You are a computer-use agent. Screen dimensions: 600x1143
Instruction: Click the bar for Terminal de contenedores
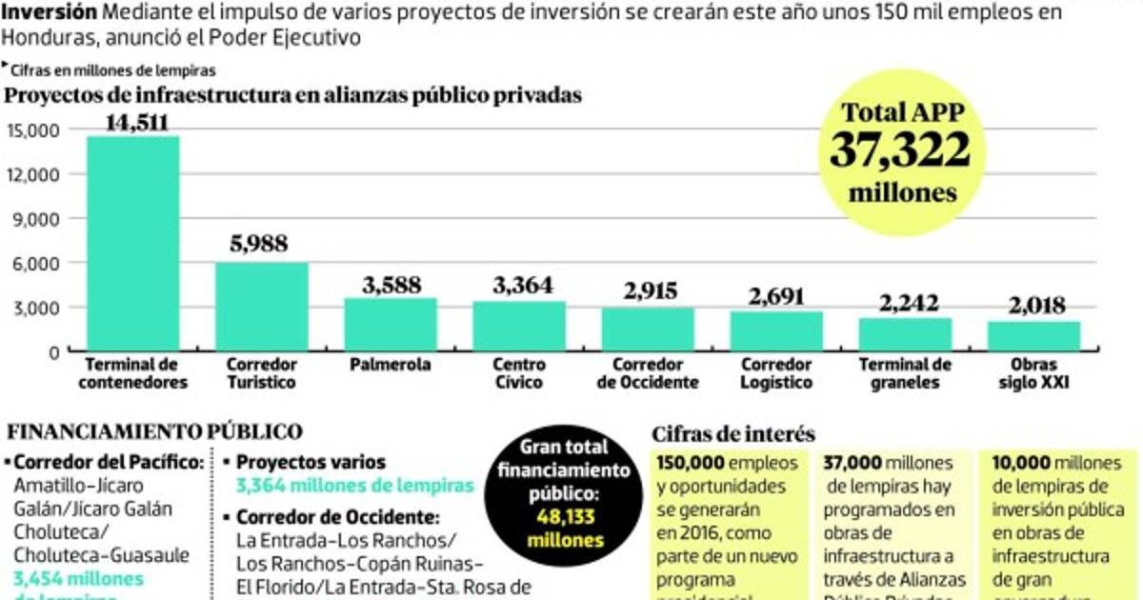(x=132, y=244)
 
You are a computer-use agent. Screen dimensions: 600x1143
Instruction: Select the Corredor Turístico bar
(x=261, y=307)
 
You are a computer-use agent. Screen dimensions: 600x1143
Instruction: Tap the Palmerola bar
(x=391, y=325)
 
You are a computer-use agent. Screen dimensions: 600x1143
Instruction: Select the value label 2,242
(x=905, y=303)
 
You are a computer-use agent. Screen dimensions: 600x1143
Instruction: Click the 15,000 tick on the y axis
(x=34, y=130)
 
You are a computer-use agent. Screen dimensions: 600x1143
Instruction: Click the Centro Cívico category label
(x=519, y=373)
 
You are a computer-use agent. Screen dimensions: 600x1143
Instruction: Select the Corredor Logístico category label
(x=776, y=373)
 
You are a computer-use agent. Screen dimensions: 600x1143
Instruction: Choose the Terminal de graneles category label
(x=905, y=373)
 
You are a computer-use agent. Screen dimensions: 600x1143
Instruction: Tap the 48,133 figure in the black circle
(x=562, y=522)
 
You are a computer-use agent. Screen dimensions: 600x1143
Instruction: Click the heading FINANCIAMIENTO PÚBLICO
(x=155, y=431)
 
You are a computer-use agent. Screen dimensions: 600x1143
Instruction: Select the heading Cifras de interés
(x=733, y=434)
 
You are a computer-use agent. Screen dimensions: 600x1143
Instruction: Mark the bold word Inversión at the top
(x=49, y=12)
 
